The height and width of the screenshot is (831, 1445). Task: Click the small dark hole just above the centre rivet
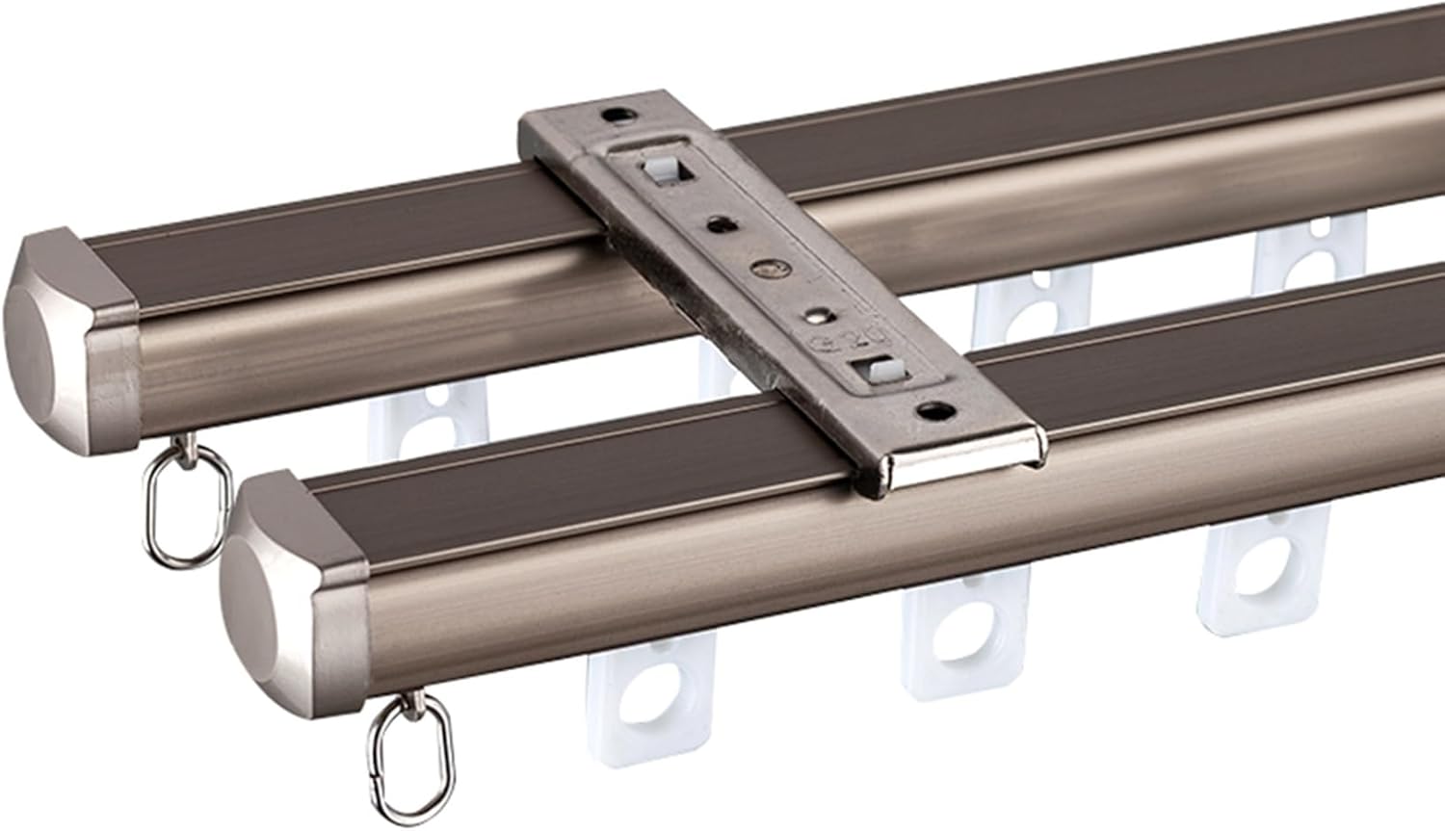coord(719,225)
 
